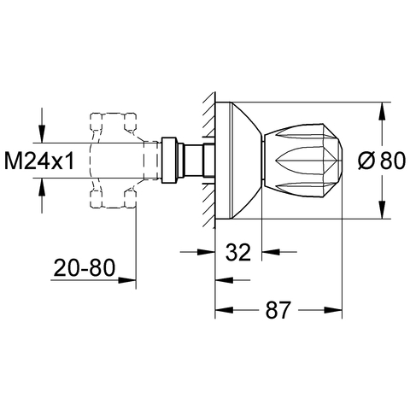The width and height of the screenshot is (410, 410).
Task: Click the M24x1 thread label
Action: [39, 161]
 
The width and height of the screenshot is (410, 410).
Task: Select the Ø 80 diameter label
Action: [381, 161]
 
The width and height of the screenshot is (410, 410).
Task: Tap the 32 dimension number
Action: [238, 252]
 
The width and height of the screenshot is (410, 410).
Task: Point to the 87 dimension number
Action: [278, 310]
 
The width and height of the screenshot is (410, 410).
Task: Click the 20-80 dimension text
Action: [85, 268]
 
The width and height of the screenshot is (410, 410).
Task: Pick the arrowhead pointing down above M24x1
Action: [42, 133]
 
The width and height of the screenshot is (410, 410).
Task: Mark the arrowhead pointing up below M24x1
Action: [42, 187]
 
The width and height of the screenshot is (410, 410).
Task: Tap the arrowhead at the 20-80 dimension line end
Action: [127, 280]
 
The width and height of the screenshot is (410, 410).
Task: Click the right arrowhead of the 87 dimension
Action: [333, 310]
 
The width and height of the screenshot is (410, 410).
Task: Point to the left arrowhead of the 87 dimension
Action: [225, 310]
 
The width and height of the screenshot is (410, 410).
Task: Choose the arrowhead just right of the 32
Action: [271, 252]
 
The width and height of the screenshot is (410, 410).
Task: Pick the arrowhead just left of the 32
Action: [206, 252]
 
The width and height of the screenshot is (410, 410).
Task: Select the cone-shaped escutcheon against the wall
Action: [238, 161]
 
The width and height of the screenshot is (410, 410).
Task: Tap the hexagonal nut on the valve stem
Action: [169, 161]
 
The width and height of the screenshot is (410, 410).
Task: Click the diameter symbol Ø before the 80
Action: [365, 161]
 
